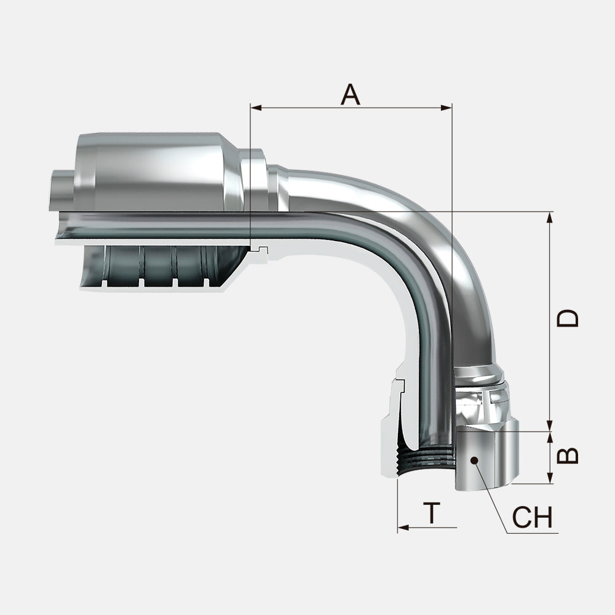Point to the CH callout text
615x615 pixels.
coord(533,518)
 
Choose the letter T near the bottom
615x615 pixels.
coord(433,513)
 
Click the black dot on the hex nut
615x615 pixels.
coord(474,459)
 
